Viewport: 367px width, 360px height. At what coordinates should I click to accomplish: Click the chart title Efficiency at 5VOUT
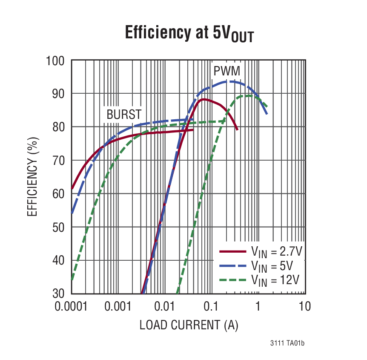189,34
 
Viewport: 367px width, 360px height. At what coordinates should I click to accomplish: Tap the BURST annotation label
124,114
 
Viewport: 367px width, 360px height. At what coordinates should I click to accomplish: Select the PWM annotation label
227,71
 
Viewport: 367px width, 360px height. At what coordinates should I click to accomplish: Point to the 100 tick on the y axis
55,60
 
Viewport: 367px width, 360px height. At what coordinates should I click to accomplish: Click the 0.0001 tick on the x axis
71,306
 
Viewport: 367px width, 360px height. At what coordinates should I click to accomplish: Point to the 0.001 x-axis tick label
118,306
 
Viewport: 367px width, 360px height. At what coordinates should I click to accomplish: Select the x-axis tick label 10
304,306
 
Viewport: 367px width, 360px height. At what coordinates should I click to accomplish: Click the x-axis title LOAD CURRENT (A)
189,325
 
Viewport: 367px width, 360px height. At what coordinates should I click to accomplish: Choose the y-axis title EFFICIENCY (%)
32,176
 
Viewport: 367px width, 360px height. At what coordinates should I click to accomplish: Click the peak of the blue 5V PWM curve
229,81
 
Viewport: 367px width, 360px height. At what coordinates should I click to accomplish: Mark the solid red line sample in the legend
232,252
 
